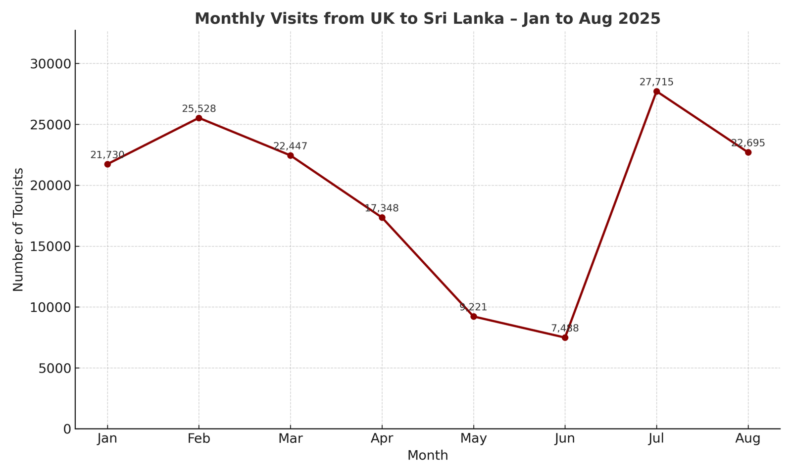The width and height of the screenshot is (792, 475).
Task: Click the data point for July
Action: (656, 92)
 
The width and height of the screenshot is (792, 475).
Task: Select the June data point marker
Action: (565, 337)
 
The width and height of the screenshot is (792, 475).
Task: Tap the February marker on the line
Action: (199, 118)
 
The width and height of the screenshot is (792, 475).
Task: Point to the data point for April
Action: (382, 218)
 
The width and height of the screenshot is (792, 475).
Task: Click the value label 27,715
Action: (656, 82)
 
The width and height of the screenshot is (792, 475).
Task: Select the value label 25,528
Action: (199, 109)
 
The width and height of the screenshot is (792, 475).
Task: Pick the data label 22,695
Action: (748, 143)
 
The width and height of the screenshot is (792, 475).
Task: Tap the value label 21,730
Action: (107, 155)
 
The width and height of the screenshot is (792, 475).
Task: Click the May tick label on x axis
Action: (473, 438)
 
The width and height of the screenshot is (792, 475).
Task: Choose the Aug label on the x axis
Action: (748, 438)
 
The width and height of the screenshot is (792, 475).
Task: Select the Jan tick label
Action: (107, 438)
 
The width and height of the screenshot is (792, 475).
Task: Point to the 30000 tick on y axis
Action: (51, 64)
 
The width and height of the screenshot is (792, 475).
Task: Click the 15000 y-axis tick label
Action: (51, 246)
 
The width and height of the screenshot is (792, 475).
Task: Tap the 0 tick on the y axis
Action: (67, 429)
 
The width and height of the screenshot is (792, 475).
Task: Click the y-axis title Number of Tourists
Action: (18, 230)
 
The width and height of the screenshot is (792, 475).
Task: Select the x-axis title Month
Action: (428, 456)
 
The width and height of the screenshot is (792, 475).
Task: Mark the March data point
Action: (291, 155)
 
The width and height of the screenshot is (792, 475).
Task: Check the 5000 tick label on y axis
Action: (55, 368)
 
